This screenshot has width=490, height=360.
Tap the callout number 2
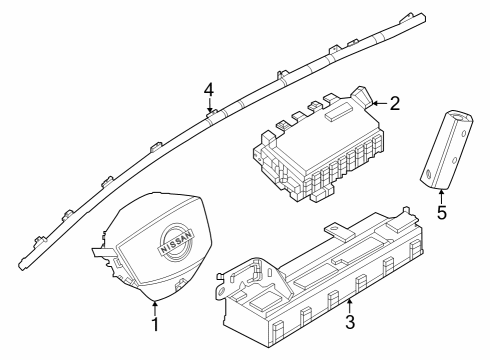(x=394, y=102)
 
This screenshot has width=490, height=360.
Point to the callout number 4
(x=209, y=90)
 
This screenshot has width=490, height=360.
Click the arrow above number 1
(x=155, y=304)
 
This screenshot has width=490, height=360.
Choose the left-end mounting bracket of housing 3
(x=240, y=281)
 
